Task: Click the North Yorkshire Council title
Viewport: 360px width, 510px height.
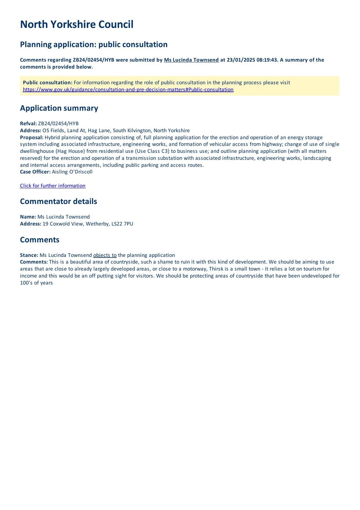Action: click(x=76, y=25)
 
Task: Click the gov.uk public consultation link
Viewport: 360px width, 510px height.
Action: click(x=128, y=90)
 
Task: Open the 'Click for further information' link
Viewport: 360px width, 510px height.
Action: click(x=53, y=186)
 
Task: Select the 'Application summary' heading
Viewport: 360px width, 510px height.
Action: click(x=59, y=108)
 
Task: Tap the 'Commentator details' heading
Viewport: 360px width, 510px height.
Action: click(x=58, y=201)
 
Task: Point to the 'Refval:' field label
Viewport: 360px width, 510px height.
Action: click(x=28, y=124)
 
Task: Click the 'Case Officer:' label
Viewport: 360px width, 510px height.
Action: click(x=35, y=172)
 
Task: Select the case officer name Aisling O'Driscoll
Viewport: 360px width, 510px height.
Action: click(x=72, y=172)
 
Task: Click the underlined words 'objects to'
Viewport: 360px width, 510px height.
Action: click(x=105, y=255)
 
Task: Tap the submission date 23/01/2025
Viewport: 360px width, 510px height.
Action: click(x=241, y=60)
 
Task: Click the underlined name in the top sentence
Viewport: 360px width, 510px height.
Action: click(x=191, y=60)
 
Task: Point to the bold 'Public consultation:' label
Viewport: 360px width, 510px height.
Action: click(x=47, y=83)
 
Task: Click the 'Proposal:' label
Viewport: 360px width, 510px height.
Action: click(x=32, y=138)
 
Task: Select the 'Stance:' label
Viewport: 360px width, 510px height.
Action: click(x=29, y=255)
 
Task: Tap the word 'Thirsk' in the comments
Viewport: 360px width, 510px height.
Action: click(x=216, y=269)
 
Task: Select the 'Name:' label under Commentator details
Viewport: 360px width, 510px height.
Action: click(x=28, y=217)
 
